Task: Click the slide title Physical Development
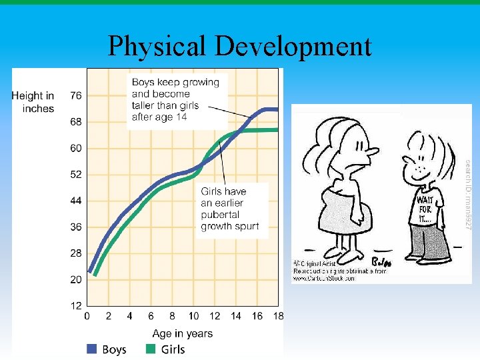239,47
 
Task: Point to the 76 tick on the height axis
76,96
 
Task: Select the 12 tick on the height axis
76,306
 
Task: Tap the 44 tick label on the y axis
76,201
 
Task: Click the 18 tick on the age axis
277,317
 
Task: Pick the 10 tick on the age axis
193,317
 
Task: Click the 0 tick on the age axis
87,317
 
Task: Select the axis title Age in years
183,333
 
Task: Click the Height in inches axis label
33,102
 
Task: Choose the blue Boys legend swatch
92,349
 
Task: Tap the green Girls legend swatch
151,349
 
